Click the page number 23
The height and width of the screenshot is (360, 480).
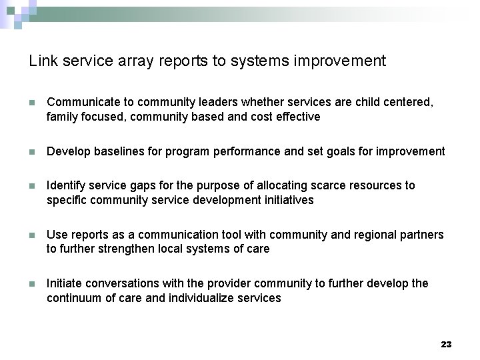(x=446, y=344)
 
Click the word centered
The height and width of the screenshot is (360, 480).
(x=409, y=103)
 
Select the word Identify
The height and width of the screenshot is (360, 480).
(x=65, y=185)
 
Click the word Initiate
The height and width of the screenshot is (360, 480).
(x=64, y=283)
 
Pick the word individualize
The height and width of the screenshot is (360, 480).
(x=201, y=298)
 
